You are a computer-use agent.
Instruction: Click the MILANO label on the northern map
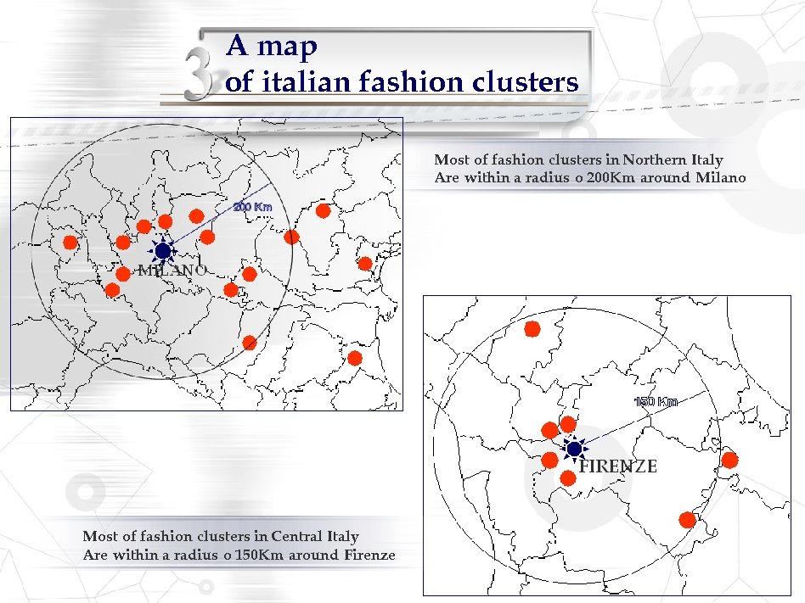tap(172, 271)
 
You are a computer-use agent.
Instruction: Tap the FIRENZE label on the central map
tap(618, 466)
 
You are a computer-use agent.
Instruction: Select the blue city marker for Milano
tap(162, 250)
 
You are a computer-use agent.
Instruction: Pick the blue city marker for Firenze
tap(574, 448)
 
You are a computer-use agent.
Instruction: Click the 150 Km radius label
tap(656, 401)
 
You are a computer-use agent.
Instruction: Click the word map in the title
tap(284, 47)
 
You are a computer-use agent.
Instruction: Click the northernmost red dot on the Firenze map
tap(532, 328)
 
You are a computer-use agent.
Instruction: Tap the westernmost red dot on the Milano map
tap(70, 242)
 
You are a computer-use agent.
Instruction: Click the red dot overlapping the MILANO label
tap(123, 274)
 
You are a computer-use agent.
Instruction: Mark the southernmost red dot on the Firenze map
tap(688, 519)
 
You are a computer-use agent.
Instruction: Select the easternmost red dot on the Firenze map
tap(729, 460)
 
